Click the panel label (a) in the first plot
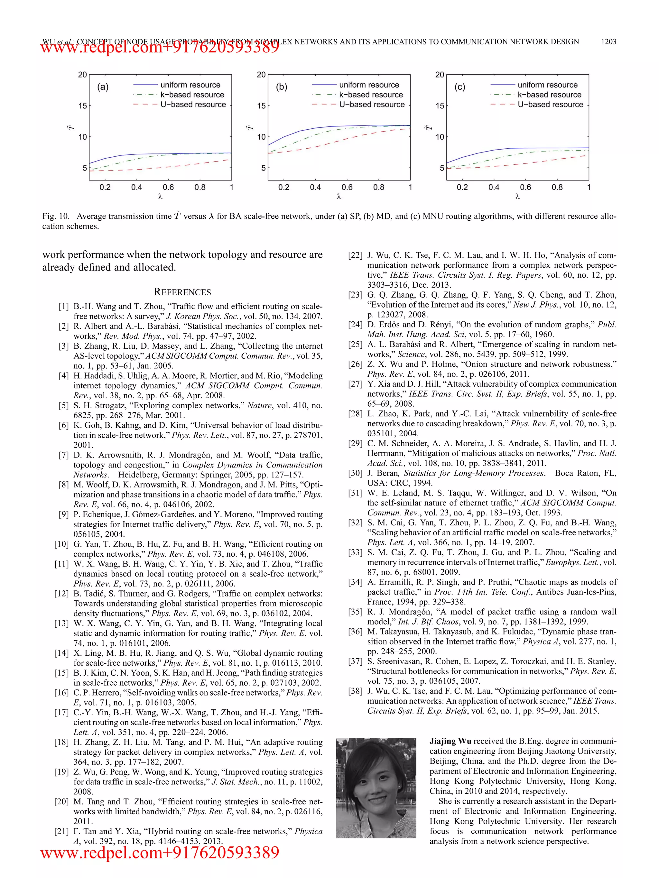[103, 87]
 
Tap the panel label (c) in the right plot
[460, 87]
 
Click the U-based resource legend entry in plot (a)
[193, 104]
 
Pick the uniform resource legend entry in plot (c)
[547, 85]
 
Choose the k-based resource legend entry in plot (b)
[370, 95]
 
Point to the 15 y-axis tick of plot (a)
[83, 106]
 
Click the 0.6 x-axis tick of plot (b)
[347, 187]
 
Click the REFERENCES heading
[182, 292]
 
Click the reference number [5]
[63, 406]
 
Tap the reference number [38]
[355, 691]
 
